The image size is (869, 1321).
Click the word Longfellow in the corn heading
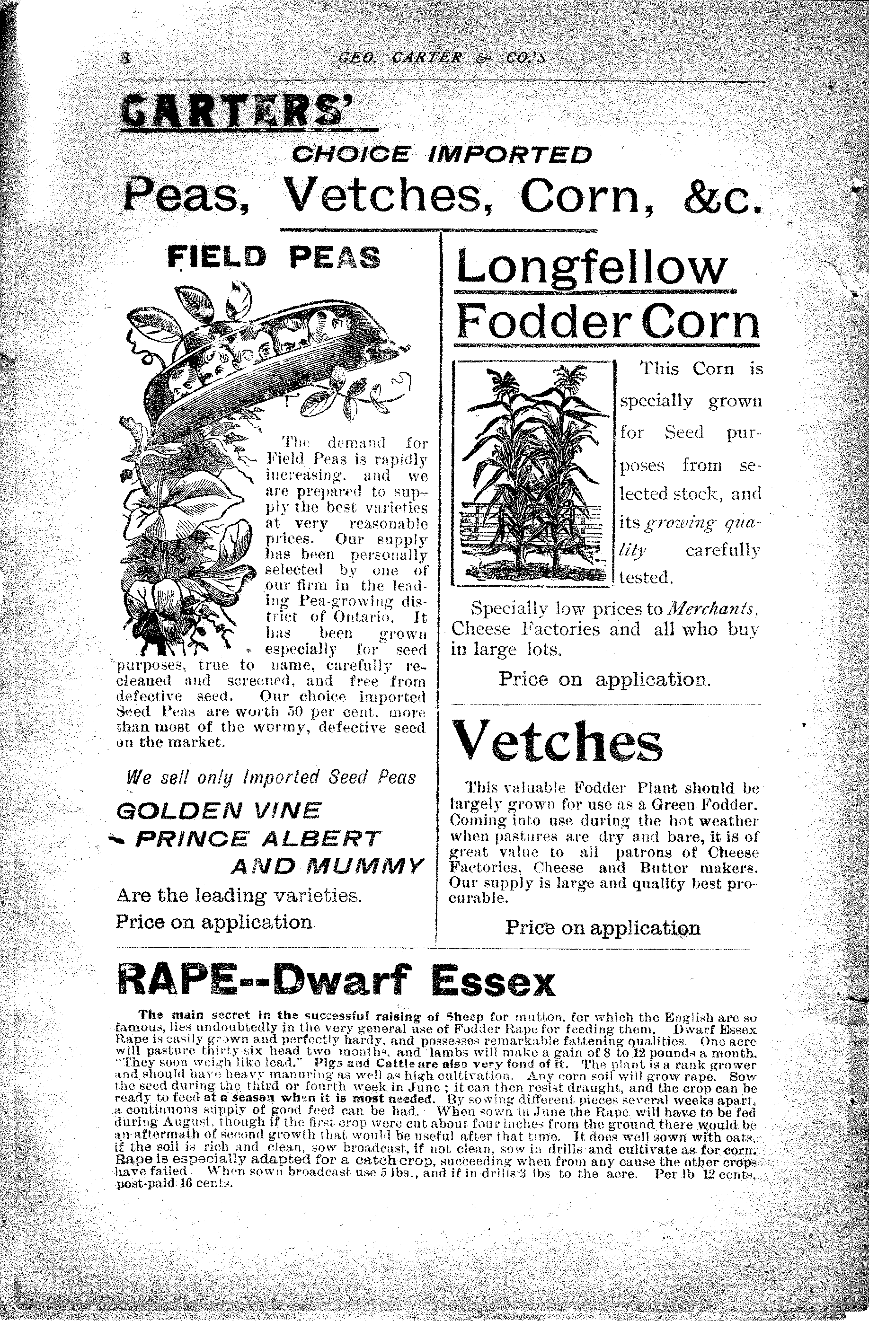(591, 268)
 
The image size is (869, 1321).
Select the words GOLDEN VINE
(219, 811)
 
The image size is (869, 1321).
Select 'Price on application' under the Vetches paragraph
(603, 927)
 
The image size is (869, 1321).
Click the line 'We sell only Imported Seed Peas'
(271, 778)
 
